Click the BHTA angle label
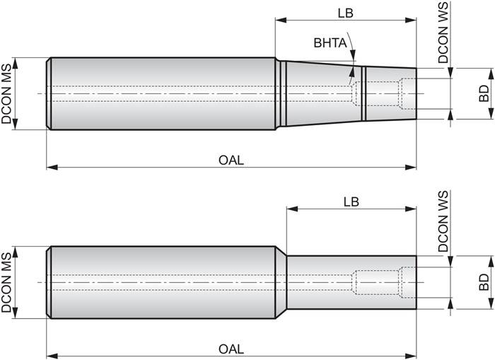(x=330, y=43)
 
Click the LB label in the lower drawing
(x=351, y=201)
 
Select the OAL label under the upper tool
(x=231, y=160)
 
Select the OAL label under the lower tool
(x=231, y=349)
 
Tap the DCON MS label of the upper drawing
(x=8, y=93)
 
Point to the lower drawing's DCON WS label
(x=443, y=223)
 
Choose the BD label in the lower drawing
(x=484, y=283)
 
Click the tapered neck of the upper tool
(x=318, y=93)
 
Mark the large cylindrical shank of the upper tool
(x=163, y=93)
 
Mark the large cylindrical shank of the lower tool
(x=163, y=283)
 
